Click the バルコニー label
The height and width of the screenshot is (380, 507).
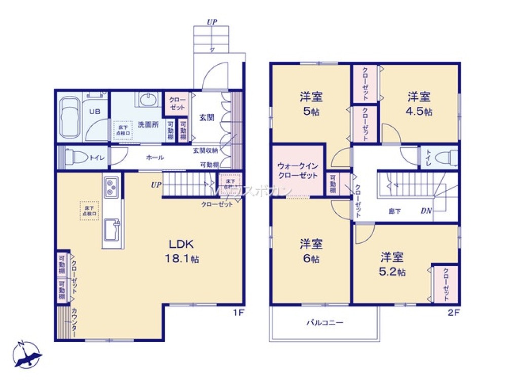(324, 322)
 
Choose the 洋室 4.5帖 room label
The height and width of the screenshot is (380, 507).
(419, 103)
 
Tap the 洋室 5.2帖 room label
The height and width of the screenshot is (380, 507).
(392, 264)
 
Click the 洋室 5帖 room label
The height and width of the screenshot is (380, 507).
(311, 103)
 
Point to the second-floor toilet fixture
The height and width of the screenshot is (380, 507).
(443, 158)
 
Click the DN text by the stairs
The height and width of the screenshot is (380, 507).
(425, 211)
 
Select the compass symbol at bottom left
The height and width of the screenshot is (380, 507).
(27, 354)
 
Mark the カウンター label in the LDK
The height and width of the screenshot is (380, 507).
(74, 323)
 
